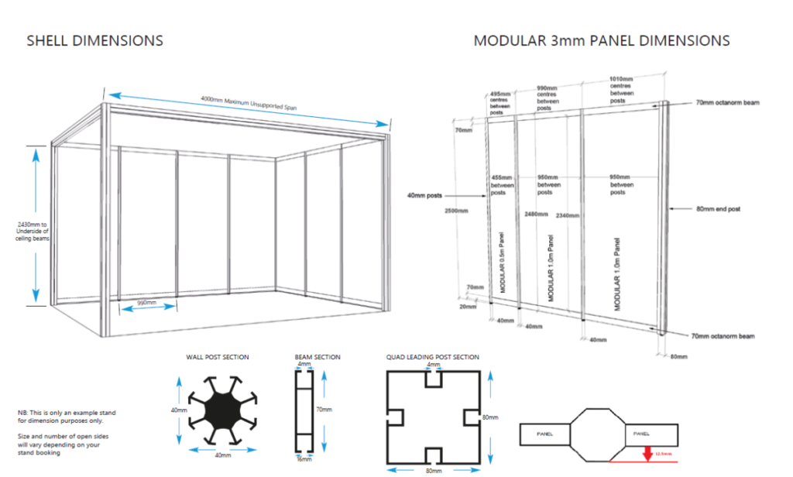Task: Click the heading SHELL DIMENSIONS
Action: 94,40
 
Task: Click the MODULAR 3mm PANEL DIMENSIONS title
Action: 601,40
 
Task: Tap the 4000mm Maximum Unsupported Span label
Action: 249,102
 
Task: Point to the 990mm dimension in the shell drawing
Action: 146,302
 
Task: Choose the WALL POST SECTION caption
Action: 217,357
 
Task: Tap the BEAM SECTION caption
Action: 318,357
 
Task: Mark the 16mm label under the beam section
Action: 304,459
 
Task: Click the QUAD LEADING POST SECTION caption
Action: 432,357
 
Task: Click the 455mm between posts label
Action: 503,184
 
